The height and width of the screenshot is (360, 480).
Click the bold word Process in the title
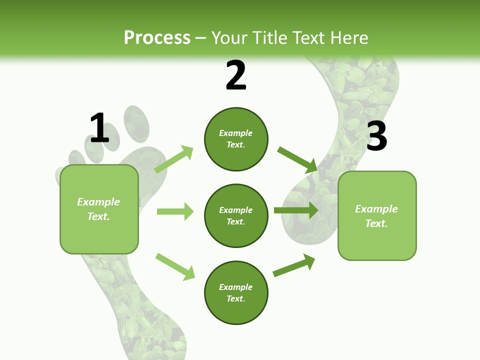157,37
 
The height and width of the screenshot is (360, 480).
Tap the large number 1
99,128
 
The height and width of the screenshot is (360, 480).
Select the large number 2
236,75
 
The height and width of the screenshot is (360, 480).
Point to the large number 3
376,136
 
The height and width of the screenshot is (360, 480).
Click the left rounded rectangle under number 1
99,209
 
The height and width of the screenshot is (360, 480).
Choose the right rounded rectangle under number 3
377,216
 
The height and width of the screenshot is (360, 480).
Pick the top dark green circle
236,139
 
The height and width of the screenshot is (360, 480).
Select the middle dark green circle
236,215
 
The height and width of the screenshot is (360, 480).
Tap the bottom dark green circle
236,292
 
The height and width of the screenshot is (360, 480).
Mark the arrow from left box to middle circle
175,211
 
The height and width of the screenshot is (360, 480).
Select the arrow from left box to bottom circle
175,266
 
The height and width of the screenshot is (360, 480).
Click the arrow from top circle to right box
298,160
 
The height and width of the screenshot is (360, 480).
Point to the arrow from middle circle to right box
296,210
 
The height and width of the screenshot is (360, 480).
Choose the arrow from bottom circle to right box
294,265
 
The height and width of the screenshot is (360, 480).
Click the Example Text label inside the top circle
236,139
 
